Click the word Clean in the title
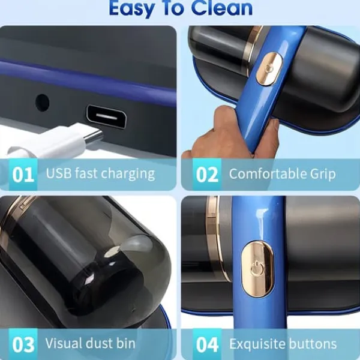(x=222, y=8)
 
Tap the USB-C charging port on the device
(x=107, y=116)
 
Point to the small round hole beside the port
(x=43, y=103)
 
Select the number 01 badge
(x=23, y=175)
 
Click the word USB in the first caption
(x=59, y=173)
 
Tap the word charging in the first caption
(x=128, y=175)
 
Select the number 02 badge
(x=207, y=175)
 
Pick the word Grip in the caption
(x=323, y=175)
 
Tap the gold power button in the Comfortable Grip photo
(x=269, y=68)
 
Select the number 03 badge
(x=23, y=344)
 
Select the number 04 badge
(x=207, y=344)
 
